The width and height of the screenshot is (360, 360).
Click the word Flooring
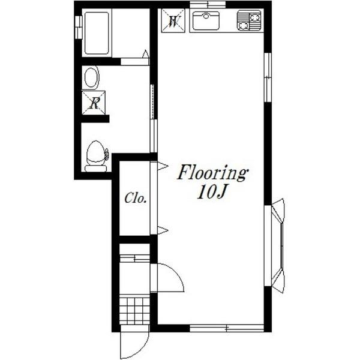pos(212,174)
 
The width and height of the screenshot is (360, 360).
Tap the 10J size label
pos(212,192)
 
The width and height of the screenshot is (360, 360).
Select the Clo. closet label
pos(136,198)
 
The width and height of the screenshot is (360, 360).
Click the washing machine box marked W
pos(173,20)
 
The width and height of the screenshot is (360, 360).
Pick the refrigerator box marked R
pos(94,103)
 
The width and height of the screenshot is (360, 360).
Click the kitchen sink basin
pos(206,20)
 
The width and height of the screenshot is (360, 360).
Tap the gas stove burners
pos(249,20)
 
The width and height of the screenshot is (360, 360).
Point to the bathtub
pos(97,33)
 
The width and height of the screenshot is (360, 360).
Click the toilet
pos(97,156)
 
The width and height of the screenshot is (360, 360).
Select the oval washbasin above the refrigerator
pos(91,77)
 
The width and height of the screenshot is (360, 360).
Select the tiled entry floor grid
pos(135,311)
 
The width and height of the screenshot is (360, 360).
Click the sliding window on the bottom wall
pos(227,328)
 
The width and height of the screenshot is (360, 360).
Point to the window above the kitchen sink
pos(208,5)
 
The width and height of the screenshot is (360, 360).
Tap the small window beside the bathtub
pos(78,28)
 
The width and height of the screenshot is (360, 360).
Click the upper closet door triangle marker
pos(163,166)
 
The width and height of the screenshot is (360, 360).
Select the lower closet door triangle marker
pos(163,230)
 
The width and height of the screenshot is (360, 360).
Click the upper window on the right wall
pos(268,77)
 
